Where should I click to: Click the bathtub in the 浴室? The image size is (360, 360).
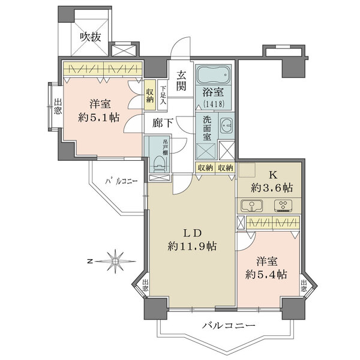coord(213,75)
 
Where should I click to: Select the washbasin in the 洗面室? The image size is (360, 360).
coord(226,125)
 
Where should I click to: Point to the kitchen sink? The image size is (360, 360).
coord(252,205)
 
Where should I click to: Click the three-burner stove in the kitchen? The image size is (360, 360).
coord(283,205)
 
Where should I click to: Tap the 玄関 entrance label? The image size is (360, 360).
coord(181,80)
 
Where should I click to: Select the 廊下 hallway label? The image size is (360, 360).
coord(163,122)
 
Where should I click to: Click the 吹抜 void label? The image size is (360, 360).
coord(91,37)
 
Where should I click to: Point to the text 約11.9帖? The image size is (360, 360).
coord(192,247)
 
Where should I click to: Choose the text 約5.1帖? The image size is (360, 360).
coord(99,118)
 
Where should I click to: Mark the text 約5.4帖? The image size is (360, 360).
coord(266,274)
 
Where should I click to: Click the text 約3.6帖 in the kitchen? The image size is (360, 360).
coord(272,188)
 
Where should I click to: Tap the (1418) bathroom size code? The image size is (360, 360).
coord(213,104)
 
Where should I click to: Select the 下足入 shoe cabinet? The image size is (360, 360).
coord(163,95)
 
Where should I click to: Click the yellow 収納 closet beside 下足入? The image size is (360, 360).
coord(149,95)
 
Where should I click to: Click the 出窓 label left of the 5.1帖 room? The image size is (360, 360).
coord(58,106)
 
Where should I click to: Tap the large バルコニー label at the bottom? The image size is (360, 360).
coord(229,325)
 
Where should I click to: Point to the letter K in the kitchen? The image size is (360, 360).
coord(273,175)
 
